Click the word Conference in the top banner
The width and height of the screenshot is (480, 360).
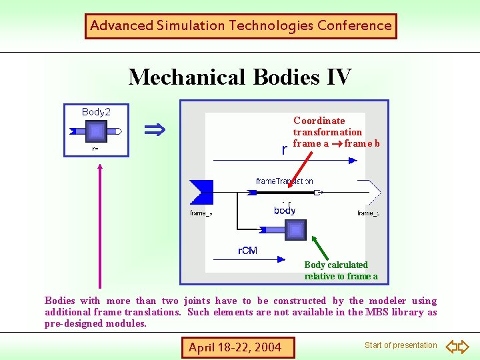[354, 26]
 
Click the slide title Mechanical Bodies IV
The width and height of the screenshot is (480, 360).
[239, 77]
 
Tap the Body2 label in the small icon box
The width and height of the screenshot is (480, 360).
[96, 112]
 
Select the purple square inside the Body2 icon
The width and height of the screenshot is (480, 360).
[97, 131]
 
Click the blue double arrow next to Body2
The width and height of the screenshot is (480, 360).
[155, 129]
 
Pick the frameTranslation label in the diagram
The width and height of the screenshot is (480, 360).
[284, 181]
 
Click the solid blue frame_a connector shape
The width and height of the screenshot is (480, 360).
[201, 193]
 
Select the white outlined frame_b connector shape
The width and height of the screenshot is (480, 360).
[370, 193]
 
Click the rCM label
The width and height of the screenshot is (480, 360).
[247, 251]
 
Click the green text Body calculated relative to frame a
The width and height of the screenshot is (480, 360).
[341, 271]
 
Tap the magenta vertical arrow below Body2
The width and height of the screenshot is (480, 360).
[100, 227]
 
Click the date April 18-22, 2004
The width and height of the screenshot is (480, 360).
[235, 347]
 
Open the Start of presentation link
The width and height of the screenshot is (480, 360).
[400, 345]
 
